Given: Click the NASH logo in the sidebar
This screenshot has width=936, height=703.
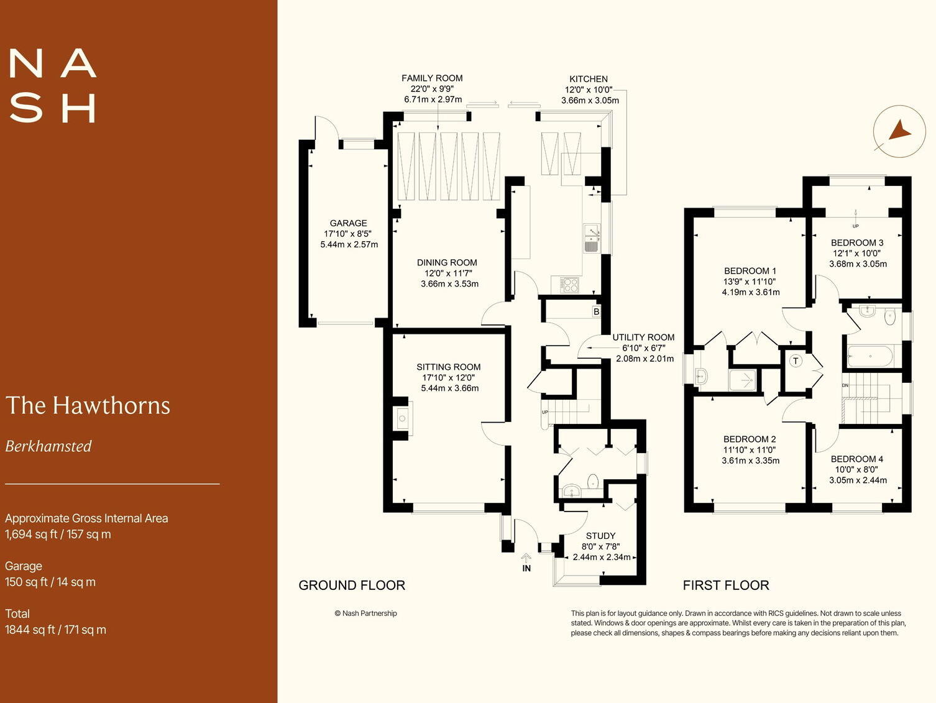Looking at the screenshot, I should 53,86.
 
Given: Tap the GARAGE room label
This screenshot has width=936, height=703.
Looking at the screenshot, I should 348,223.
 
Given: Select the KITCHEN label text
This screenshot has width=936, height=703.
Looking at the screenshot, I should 588,79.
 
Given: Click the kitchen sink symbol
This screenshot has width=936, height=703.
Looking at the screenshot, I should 591,239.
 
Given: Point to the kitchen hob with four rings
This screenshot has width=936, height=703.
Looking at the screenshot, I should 569,285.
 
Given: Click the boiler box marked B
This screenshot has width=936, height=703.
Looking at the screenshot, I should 596,311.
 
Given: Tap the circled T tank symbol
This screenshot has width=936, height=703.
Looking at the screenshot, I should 796,361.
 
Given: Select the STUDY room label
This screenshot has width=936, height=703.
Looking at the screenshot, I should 600,536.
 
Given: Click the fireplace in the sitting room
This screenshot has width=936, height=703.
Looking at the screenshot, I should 402,418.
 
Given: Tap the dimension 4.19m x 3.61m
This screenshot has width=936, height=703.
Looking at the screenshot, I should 750,292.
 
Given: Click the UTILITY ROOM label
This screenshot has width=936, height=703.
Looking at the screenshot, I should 643,338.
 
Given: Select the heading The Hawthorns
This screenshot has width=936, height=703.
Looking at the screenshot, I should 88,405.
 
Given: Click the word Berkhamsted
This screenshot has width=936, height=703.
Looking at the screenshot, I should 48,446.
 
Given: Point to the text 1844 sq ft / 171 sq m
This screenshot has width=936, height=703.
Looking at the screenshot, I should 55,630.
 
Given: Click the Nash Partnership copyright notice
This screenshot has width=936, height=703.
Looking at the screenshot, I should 365,613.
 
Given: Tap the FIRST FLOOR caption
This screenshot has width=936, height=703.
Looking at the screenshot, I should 725,586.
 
